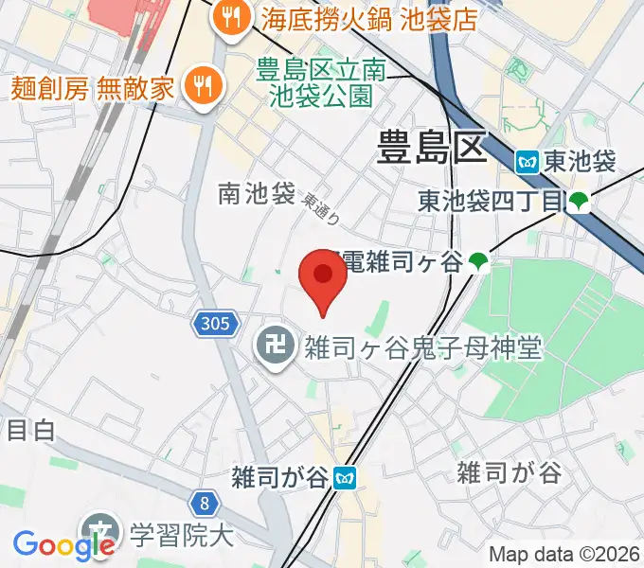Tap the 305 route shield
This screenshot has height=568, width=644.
pos(215,325)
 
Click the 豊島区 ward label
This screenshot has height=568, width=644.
pos(431,148)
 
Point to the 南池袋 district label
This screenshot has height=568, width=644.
pos(256,194)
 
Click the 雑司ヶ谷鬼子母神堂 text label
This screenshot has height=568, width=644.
pos(421,348)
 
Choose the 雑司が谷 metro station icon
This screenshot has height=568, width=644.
pos(349,477)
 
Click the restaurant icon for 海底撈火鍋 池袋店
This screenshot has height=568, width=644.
pos(230,15)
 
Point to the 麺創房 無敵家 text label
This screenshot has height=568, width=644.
pos(93,88)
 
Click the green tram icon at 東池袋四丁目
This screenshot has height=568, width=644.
pos(579,202)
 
